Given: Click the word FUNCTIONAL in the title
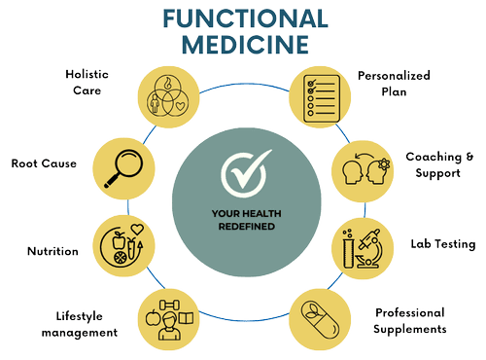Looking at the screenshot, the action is pos(246,18).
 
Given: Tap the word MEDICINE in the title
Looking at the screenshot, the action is pos(245,45).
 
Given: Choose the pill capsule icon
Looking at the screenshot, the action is pos(320,320).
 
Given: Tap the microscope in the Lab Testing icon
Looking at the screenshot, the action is pos(369,249).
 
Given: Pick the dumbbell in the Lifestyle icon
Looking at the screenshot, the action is pos(169,305).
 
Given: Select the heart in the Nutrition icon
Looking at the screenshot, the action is pos(137,230).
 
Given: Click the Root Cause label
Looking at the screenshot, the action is pos(44,163).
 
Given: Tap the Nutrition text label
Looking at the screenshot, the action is pos(52,251).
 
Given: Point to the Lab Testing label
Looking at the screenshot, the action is pos(443,244).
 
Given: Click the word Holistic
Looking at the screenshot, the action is pos(87,74).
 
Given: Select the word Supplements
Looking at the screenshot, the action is pos(410,329).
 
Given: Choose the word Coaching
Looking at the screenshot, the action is pos(434,158).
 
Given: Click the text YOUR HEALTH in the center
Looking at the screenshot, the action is pos(247,214).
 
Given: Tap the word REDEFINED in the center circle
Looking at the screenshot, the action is pos(247,227).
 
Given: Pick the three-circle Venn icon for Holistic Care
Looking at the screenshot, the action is pos(168,96).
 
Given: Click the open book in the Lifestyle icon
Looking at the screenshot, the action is pos(186,318).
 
